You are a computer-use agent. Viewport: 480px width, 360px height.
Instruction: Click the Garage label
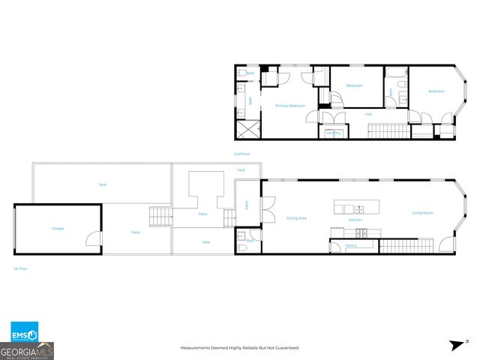57,228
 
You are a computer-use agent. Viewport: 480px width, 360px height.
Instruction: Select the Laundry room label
333,133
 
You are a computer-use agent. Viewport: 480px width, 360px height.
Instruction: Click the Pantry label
349,245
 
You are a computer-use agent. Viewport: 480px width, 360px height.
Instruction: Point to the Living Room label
422,213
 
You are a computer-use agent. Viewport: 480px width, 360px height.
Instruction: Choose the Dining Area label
297,218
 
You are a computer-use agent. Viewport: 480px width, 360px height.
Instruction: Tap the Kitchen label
357,220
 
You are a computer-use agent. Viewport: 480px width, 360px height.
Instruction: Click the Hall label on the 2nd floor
368,114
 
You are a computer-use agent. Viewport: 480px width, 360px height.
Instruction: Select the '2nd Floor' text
241,154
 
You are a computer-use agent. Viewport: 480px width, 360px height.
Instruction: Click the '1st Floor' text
21,268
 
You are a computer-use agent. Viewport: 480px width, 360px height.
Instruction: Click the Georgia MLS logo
27,350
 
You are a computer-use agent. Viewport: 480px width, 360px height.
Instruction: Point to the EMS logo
24,334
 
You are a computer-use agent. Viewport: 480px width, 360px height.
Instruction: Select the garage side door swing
93,240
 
